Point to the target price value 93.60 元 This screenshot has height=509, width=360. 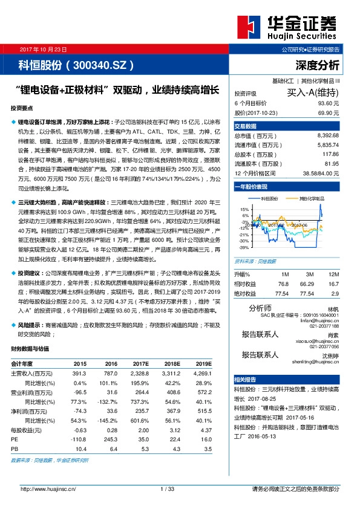click(x=328, y=103)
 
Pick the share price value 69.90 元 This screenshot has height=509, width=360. click(x=328, y=113)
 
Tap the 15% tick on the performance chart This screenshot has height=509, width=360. click(x=245, y=209)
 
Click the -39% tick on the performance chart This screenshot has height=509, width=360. click(x=244, y=247)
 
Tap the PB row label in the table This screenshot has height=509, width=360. click(x=15, y=449)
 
